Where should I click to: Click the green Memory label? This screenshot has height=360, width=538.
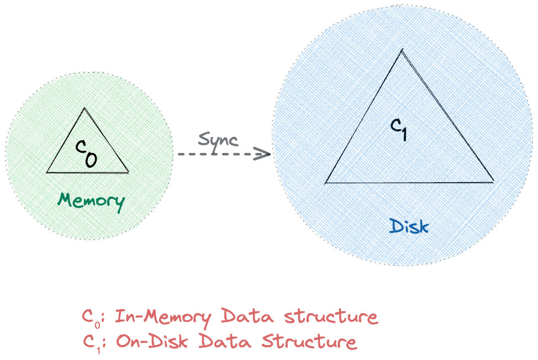(x=91, y=200)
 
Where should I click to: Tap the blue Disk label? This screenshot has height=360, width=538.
(x=409, y=226)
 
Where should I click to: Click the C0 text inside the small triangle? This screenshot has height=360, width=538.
(x=86, y=153)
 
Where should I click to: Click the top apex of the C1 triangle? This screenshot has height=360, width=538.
(x=402, y=50)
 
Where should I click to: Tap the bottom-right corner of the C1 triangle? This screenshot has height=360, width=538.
(x=493, y=181)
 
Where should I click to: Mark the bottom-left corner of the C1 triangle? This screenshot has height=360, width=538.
(x=325, y=182)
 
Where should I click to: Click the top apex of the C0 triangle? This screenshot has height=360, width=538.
(x=84, y=108)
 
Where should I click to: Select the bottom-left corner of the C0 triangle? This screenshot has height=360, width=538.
(x=47, y=173)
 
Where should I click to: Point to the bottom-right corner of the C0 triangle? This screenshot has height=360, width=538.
(x=129, y=172)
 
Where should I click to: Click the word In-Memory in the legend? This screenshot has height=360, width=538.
(x=163, y=317)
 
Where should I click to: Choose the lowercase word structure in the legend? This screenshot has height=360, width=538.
(x=331, y=317)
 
